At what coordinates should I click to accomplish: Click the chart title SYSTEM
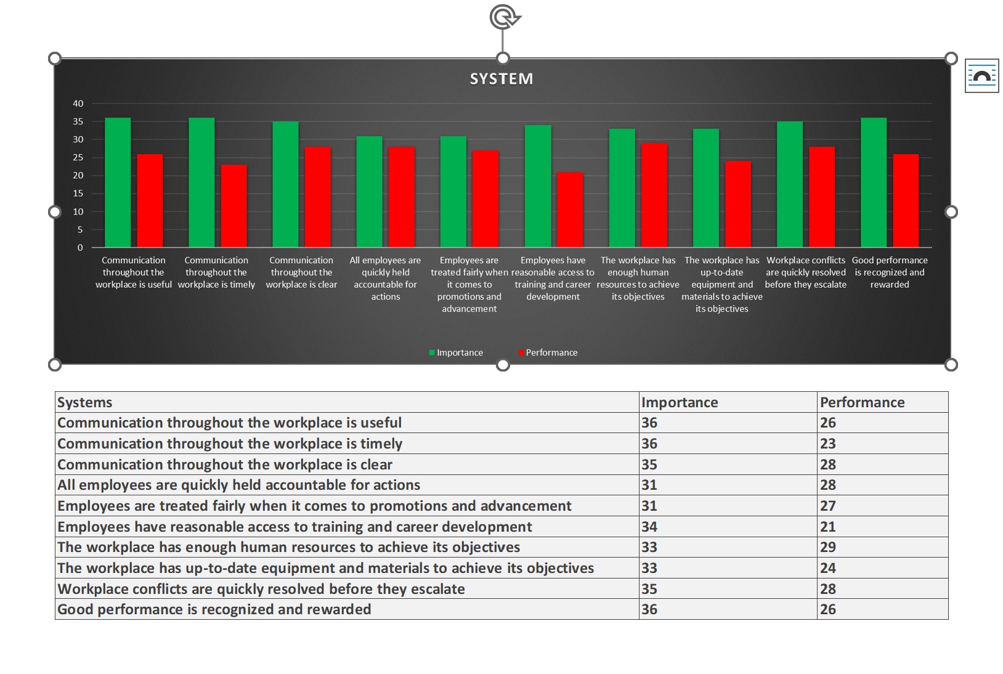501,79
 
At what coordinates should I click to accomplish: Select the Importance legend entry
457,352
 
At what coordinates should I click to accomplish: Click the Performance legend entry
548,352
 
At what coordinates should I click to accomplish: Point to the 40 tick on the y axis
78,104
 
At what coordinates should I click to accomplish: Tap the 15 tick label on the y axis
78,193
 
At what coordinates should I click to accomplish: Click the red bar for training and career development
570,209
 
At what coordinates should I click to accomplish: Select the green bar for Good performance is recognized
873,182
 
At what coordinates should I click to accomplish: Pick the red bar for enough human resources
654,195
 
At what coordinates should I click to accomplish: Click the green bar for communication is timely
201,182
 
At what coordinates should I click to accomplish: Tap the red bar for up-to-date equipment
738,204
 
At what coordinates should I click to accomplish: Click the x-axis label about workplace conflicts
806,272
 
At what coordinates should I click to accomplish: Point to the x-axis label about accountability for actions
385,278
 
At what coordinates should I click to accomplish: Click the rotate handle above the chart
504,17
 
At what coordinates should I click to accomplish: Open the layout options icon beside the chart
981,76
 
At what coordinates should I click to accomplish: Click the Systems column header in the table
85,402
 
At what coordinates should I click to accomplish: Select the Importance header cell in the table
680,402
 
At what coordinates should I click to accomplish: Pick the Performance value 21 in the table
828,527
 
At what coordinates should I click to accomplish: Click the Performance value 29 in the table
828,547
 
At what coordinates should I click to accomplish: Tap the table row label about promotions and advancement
314,506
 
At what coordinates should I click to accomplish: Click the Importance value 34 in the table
649,527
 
